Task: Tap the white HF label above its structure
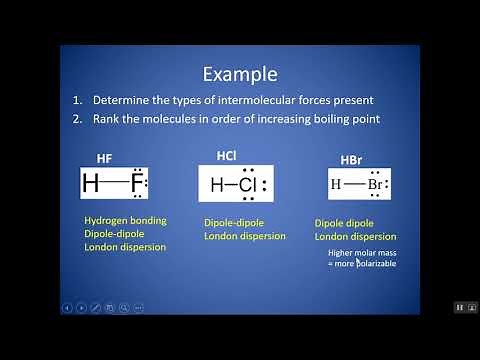coord(104,159)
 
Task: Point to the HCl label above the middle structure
coord(230,155)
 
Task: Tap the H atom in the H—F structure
coord(91,184)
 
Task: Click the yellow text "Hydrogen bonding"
coord(125,220)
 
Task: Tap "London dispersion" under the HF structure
coord(125,246)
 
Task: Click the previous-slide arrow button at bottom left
coord(67,307)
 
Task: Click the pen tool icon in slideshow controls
coord(95,307)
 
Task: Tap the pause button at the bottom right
coord(460,307)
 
